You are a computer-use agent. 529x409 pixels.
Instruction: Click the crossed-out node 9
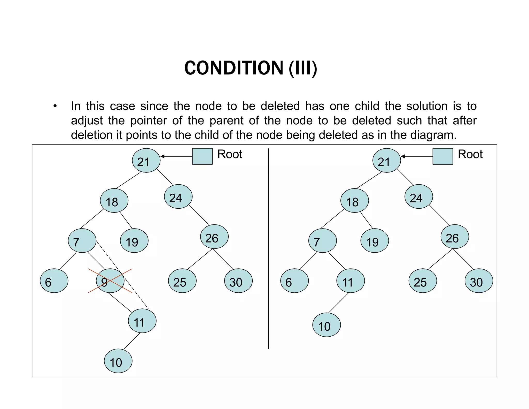110,281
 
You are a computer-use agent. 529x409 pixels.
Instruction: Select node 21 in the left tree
146,161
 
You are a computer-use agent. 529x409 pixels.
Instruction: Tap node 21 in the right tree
386,161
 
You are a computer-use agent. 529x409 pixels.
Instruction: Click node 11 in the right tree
351,281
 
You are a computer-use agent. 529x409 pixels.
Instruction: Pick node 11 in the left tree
142,321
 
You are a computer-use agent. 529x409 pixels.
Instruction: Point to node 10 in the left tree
118,361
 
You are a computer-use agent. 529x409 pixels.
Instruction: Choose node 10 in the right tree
326,325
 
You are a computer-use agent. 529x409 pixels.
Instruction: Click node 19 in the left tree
134,241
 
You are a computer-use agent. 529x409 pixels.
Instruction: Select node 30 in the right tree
479,281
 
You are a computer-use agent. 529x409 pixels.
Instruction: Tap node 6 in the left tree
54,281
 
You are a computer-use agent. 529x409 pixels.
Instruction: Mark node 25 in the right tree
423,281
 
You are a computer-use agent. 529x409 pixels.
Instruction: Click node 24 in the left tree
178,196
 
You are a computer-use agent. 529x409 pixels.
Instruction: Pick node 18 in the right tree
354,201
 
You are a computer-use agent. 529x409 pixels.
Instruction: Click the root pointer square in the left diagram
202,156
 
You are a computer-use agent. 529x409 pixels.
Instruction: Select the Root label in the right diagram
470,154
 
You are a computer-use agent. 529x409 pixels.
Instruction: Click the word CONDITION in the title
234,68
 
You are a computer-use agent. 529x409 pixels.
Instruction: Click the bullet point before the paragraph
55,106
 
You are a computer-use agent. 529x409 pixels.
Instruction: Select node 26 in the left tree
214,237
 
